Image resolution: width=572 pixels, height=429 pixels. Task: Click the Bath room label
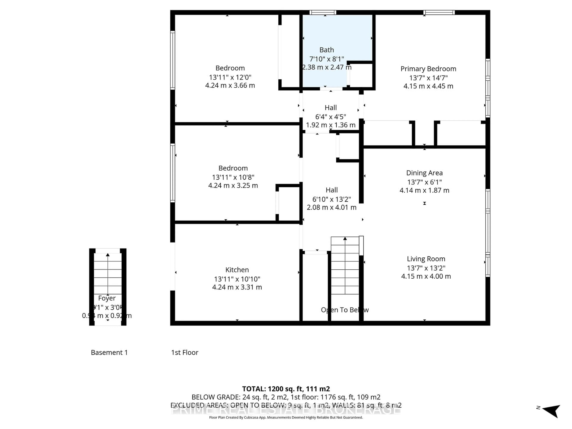pos(327,50)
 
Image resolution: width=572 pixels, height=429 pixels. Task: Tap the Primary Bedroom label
pos(428,69)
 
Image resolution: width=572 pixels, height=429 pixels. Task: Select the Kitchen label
pos(237,270)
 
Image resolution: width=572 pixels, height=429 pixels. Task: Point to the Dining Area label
pos(424,173)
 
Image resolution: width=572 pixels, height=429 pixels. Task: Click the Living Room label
pos(426,259)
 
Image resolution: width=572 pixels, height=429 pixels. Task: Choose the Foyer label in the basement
pos(107,298)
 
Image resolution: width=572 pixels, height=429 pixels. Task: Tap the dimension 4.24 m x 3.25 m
pos(233,185)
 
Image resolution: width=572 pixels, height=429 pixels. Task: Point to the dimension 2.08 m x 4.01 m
pos(332,207)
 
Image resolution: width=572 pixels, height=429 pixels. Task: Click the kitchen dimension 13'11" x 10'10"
pos(237,279)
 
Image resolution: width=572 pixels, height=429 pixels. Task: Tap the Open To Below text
pos(345,310)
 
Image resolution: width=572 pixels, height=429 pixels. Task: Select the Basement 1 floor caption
pos(109,352)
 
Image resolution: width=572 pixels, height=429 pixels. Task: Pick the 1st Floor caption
pos(185,352)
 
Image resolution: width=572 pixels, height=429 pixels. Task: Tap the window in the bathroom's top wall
pos(323,12)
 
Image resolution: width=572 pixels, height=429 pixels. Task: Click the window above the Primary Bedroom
pos(439,12)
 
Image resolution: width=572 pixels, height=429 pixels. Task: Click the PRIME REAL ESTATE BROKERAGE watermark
pos(286,410)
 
